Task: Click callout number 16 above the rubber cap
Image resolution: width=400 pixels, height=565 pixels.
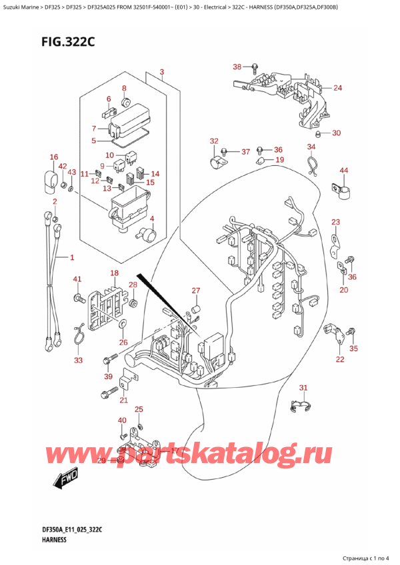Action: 54,157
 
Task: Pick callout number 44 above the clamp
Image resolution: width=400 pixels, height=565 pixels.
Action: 344,171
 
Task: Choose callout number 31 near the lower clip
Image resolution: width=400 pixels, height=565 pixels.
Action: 303,388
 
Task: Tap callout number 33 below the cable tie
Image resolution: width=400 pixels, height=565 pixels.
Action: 79,360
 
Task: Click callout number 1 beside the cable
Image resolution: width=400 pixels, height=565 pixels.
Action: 71,257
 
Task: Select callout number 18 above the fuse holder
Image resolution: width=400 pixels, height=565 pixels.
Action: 115,273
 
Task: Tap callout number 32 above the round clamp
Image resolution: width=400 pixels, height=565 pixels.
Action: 213,141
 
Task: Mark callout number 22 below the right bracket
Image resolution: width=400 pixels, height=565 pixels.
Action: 340,359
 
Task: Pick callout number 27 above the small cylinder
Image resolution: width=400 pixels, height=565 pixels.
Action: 195,290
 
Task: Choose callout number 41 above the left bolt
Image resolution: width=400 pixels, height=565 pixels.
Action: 77,279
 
